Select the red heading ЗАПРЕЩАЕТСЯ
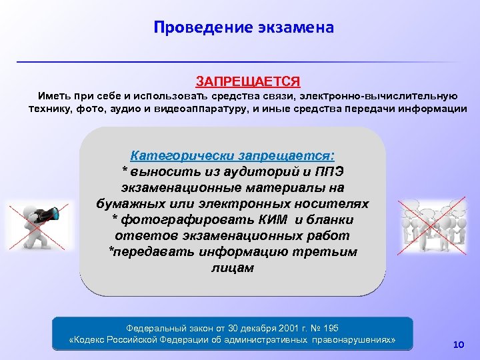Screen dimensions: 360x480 point(247,81)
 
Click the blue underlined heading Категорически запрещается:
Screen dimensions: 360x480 point(233,156)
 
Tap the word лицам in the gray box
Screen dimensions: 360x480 point(232,267)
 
